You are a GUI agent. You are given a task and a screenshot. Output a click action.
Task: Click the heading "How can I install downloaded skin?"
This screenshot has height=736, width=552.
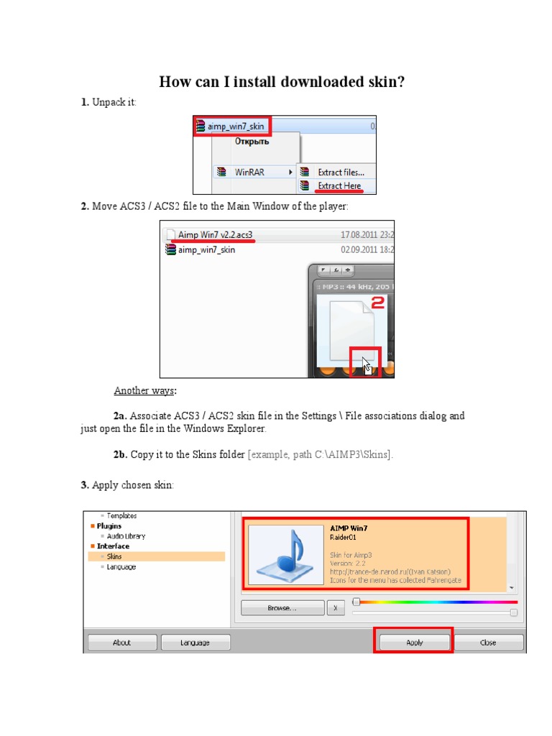pyautogui.click(x=282, y=82)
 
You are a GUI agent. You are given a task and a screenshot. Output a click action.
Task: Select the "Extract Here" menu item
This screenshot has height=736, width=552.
pyautogui.click(x=340, y=186)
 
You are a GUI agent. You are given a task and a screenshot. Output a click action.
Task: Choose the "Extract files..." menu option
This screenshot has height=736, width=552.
pyautogui.click(x=341, y=172)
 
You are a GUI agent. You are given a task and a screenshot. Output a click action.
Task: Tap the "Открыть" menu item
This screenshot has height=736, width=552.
pyautogui.click(x=252, y=142)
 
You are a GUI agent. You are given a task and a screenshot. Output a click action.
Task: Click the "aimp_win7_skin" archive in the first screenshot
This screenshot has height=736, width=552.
pyautogui.click(x=235, y=127)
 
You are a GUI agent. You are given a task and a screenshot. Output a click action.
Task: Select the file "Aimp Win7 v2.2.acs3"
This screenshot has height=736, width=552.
pyautogui.click(x=215, y=235)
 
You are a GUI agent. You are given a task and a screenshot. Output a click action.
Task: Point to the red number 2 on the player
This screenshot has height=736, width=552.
pyautogui.click(x=377, y=303)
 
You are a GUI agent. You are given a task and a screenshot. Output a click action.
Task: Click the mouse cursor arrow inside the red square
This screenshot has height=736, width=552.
pyautogui.click(x=367, y=364)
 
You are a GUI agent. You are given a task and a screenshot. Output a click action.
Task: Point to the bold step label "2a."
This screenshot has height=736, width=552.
pyautogui.click(x=120, y=416)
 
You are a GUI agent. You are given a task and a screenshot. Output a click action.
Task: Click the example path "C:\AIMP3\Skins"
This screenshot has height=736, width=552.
pyautogui.click(x=350, y=455)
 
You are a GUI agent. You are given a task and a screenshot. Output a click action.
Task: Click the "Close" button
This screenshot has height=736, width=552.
pyautogui.click(x=488, y=643)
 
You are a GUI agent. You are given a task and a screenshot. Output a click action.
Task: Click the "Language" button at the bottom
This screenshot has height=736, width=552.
pyautogui.click(x=195, y=643)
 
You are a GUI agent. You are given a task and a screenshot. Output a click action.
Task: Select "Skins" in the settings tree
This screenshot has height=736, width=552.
pyautogui.click(x=114, y=556)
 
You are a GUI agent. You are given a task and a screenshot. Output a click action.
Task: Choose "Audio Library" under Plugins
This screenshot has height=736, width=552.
pyautogui.click(x=126, y=536)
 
